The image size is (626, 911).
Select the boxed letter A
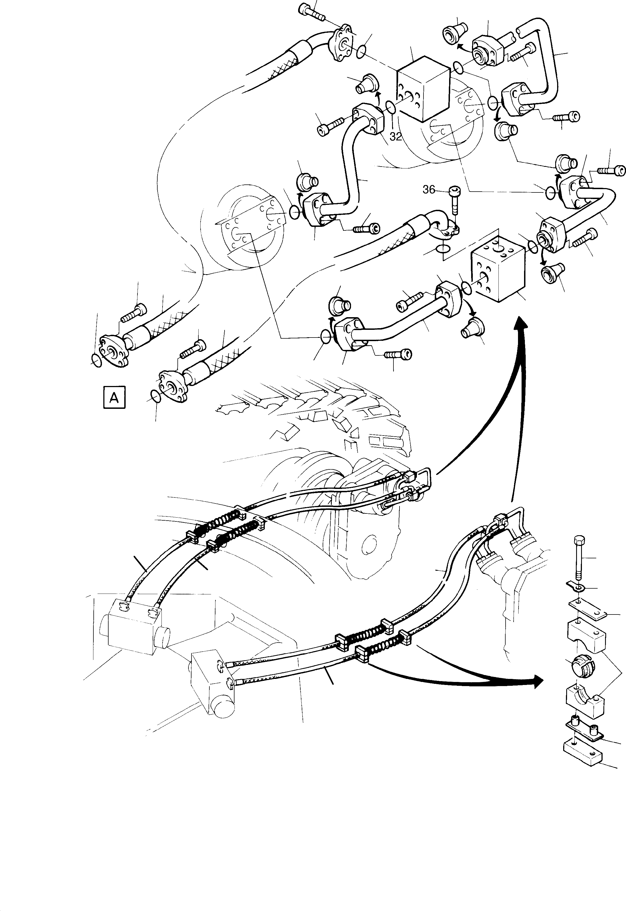coord(114,398)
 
